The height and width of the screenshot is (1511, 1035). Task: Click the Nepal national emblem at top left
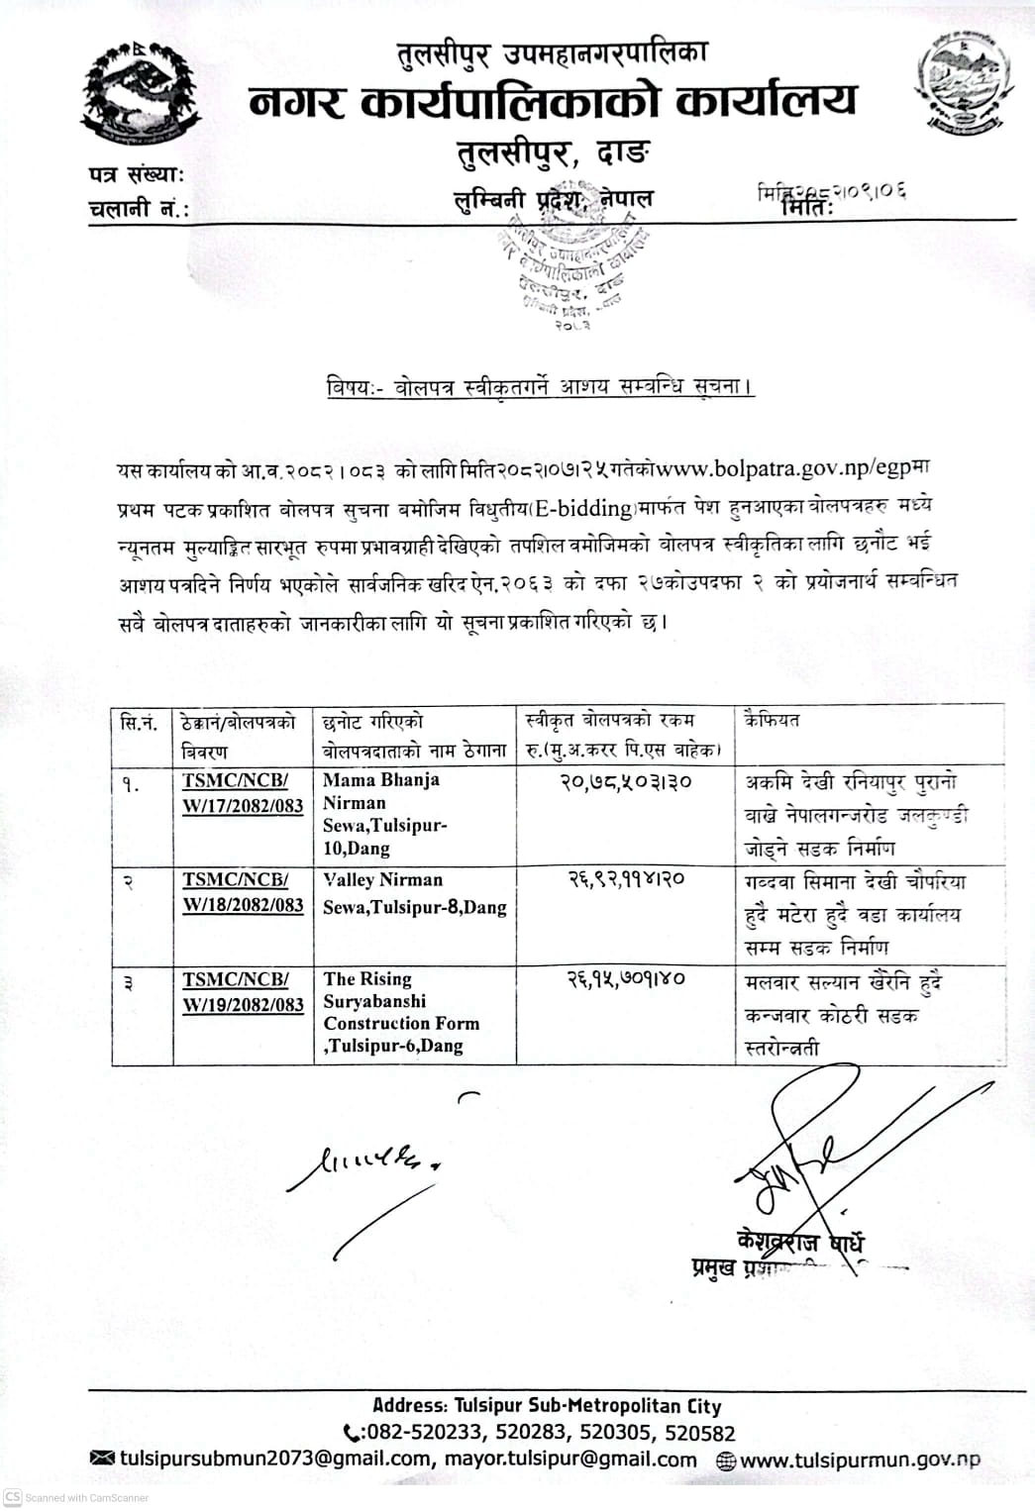(140, 95)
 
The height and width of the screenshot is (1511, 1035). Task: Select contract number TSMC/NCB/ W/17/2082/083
(242, 792)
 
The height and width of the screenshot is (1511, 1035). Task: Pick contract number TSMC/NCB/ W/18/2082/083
(242, 892)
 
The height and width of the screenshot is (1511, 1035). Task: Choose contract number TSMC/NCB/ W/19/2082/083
(242, 992)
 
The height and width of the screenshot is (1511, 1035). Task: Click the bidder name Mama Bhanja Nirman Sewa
(385, 813)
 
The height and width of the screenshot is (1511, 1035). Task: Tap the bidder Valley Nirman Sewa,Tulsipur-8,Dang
(414, 893)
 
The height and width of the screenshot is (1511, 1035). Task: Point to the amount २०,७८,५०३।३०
(626, 782)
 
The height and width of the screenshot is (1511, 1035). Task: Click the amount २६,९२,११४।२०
(626, 879)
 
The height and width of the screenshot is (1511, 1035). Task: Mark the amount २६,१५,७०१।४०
(626, 978)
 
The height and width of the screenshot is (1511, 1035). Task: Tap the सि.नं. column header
(140, 723)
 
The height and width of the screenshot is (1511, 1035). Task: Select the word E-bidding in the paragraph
(581, 509)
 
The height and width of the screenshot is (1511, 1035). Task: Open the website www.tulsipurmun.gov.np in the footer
(859, 1460)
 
